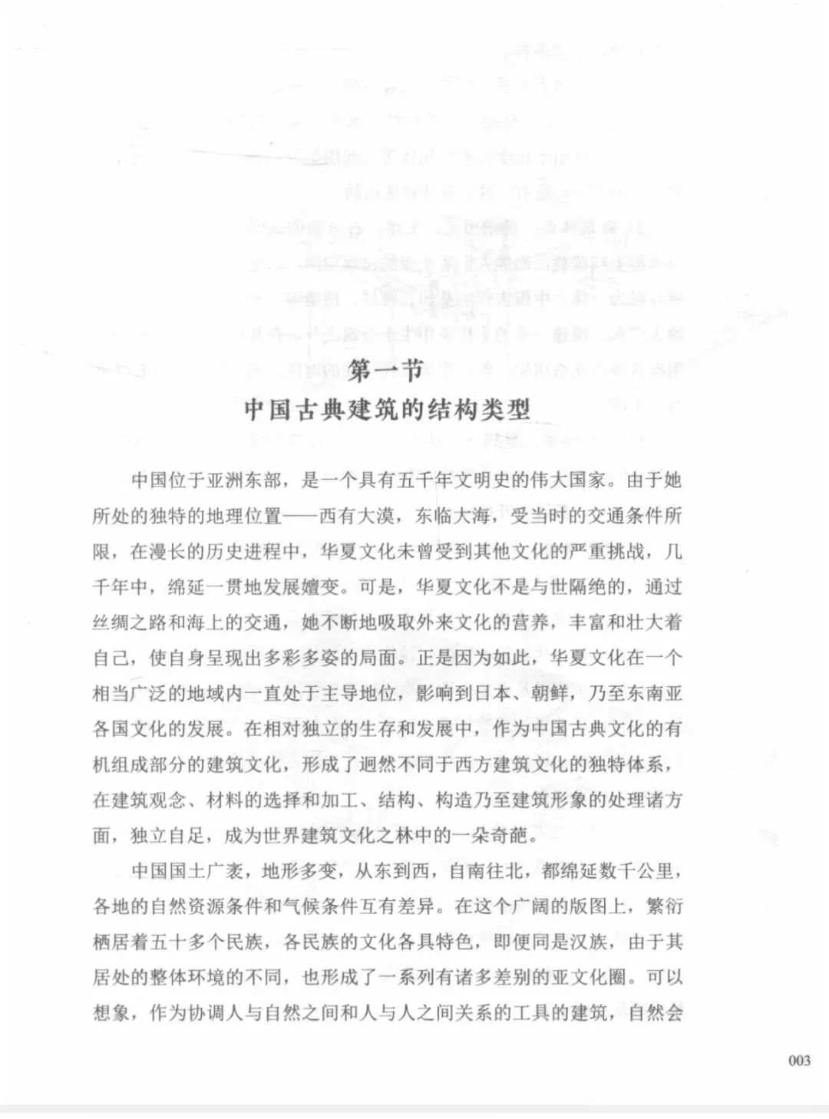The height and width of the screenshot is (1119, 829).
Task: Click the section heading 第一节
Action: point(386,373)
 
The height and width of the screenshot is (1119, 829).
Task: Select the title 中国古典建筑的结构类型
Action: point(388,409)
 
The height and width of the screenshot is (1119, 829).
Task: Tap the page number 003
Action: point(799,1061)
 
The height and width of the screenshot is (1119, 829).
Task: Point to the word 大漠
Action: point(376,516)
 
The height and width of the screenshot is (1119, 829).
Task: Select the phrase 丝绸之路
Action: point(130,622)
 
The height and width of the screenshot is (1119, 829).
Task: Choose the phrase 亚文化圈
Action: point(595,977)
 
